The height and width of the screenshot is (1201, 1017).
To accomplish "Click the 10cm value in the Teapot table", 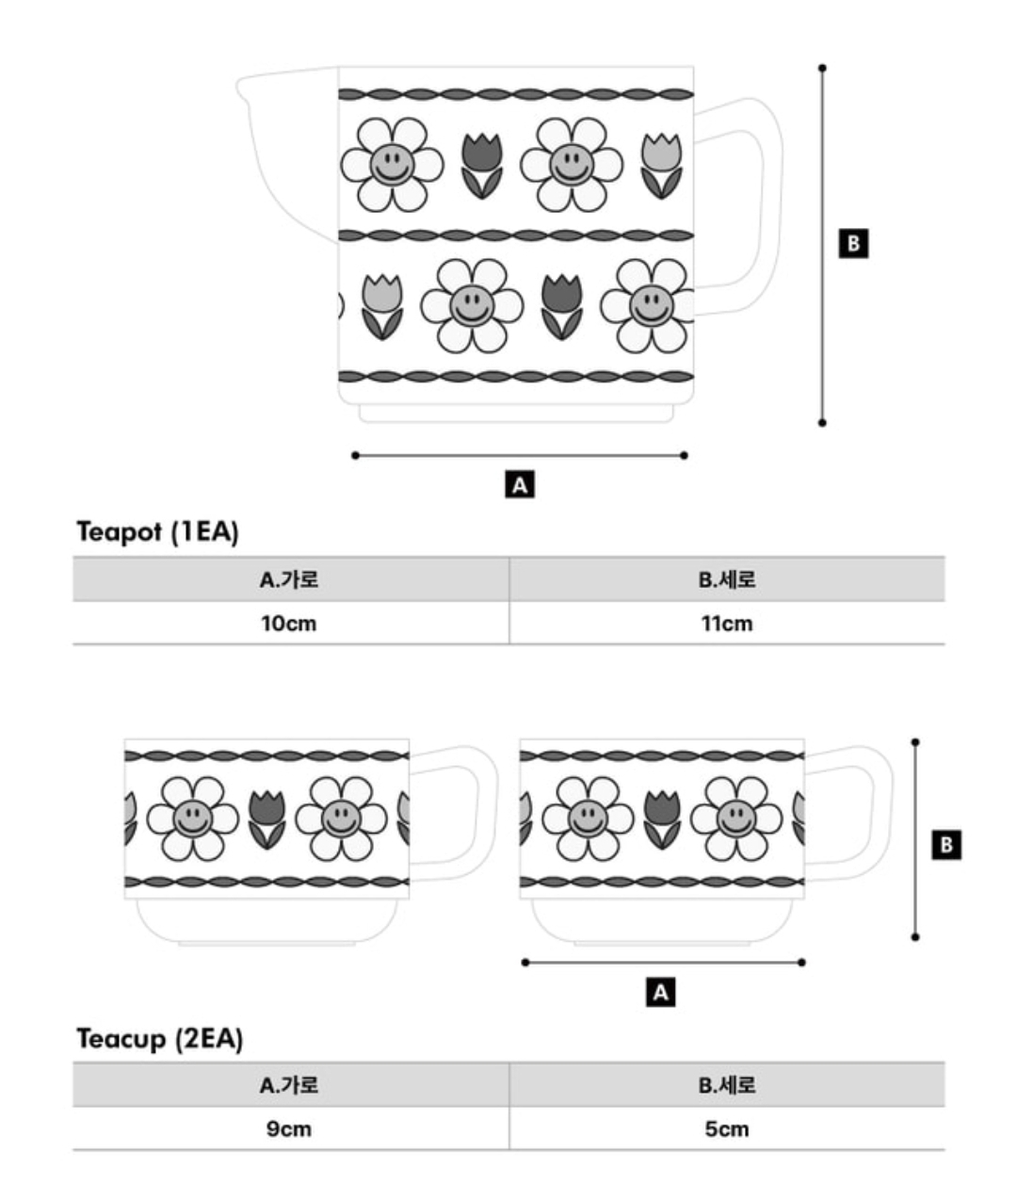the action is (289, 624).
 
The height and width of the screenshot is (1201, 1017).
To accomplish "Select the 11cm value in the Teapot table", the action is (727, 624).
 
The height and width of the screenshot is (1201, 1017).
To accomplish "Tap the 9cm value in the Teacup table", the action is (289, 1129).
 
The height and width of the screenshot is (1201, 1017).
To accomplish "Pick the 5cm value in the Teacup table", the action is (727, 1129).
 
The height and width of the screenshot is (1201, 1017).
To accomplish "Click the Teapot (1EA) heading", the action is (157, 531).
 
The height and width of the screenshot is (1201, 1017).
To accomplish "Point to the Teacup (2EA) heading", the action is (160, 1038).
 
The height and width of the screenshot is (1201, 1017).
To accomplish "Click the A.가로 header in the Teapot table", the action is (289, 579).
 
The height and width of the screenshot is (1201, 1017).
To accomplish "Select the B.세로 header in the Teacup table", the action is (727, 1085).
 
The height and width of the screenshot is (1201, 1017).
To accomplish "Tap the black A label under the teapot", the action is (520, 484).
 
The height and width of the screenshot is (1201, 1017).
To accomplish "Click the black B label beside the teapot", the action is (853, 243).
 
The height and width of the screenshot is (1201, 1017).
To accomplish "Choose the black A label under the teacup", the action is (660, 993).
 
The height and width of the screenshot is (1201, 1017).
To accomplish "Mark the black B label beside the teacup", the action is (946, 845).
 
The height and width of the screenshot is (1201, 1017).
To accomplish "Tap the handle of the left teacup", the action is (488, 814).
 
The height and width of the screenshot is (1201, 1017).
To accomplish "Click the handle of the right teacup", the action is (883, 814).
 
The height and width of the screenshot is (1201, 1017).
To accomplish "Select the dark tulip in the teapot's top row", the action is (482, 166).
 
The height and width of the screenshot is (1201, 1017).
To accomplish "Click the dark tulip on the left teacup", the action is (266, 820).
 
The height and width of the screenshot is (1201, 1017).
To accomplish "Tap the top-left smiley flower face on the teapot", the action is (392, 165).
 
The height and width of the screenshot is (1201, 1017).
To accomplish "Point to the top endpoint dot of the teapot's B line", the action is (822, 68).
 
